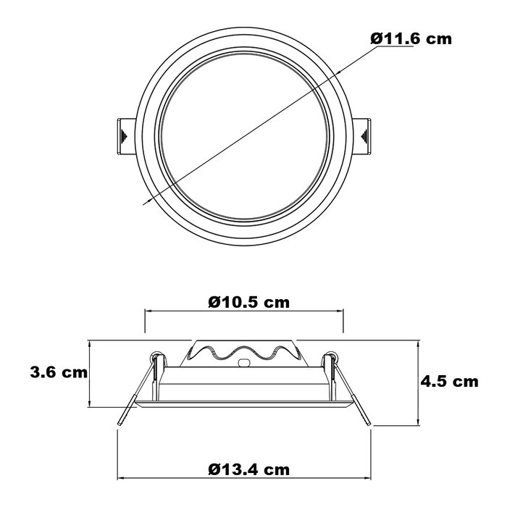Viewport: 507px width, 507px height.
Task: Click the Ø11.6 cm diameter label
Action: pyautogui.click(x=410, y=39)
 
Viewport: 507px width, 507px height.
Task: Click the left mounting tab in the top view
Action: pyautogui.click(x=124, y=135)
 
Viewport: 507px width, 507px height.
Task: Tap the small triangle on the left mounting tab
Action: pyautogui.click(x=124, y=135)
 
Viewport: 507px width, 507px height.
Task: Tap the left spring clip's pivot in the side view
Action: pyautogui.click(x=156, y=356)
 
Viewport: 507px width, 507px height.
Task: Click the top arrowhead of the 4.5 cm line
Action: pyautogui.click(x=418, y=343)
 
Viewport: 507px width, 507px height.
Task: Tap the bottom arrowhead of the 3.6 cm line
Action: pyautogui.click(x=89, y=404)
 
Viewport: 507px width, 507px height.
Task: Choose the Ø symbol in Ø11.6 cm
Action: pyautogui.click(x=377, y=39)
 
